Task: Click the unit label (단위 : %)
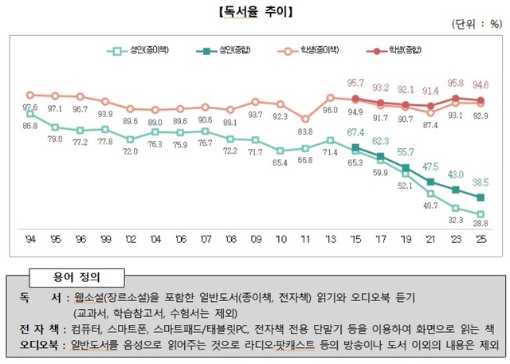(x=477, y=25)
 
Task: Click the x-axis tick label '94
(x=29, y=238)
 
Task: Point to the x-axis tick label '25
(x=480, y=238)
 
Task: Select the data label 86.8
(x=29, y=126)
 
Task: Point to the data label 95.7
(x=355, y=83)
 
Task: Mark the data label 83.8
(x=304, y=131)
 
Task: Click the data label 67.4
(x=355, y=132)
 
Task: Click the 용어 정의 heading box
(x=78, y=277)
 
